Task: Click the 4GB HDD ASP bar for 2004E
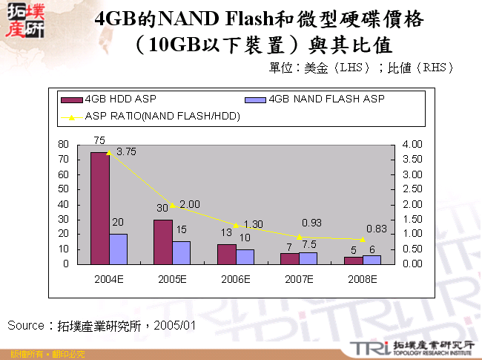99,208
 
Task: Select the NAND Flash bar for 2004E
118,249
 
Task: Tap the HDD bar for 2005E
163,241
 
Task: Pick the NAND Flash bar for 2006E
245,257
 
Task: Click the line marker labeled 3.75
109,152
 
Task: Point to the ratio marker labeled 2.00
173,205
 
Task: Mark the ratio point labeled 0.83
363,239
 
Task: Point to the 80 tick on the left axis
63,144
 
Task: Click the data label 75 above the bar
99,140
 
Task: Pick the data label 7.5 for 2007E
309,244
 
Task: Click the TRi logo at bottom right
368,347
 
